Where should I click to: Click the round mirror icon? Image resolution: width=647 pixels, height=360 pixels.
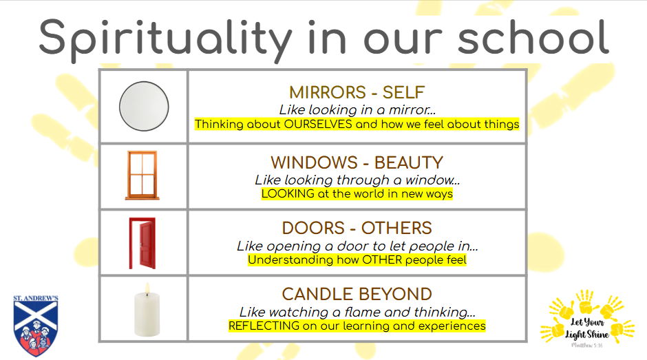[144, 107]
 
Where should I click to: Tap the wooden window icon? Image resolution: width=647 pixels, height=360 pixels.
[142, 176]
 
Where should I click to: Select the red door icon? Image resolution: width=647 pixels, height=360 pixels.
[142, 243]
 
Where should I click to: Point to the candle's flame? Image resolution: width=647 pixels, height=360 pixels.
[147, 289]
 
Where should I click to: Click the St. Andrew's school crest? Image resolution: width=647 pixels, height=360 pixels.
[36, 326]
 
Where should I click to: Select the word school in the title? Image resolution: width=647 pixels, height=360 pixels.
[533, 38]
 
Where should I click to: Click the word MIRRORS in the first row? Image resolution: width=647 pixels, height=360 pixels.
[328, 92]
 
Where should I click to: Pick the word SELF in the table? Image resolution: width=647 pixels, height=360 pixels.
[403, 92]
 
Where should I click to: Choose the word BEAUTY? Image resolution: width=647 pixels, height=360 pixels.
[409, 162]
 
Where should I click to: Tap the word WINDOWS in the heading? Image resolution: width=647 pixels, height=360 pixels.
[315, 162]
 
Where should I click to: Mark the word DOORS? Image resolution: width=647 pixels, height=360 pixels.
[313, 229]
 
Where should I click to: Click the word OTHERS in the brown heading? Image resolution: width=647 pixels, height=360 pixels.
[397, 229]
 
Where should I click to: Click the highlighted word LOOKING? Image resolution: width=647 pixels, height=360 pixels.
[288, 193]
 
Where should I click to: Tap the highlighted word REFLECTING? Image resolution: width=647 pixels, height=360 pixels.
[264, 326]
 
